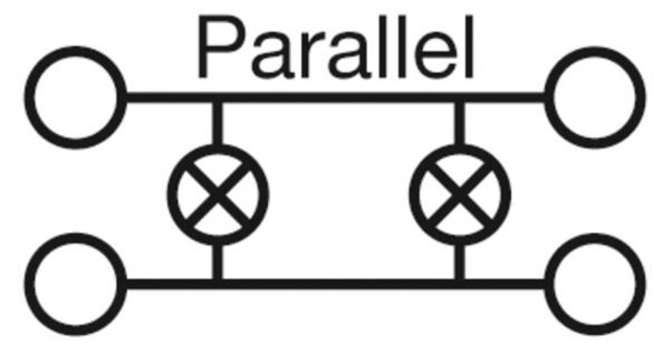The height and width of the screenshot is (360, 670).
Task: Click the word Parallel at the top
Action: point(336,47)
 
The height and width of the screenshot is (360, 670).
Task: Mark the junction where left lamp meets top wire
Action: point(217,97)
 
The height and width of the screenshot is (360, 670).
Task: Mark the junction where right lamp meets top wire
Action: point(459,97)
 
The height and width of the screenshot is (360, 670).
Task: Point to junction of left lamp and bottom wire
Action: point(217,284)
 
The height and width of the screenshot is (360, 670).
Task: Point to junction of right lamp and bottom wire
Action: point(459,284)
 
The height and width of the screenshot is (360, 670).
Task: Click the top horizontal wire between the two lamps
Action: point(339,97)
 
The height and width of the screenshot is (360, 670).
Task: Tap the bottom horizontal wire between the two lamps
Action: point(339,284)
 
